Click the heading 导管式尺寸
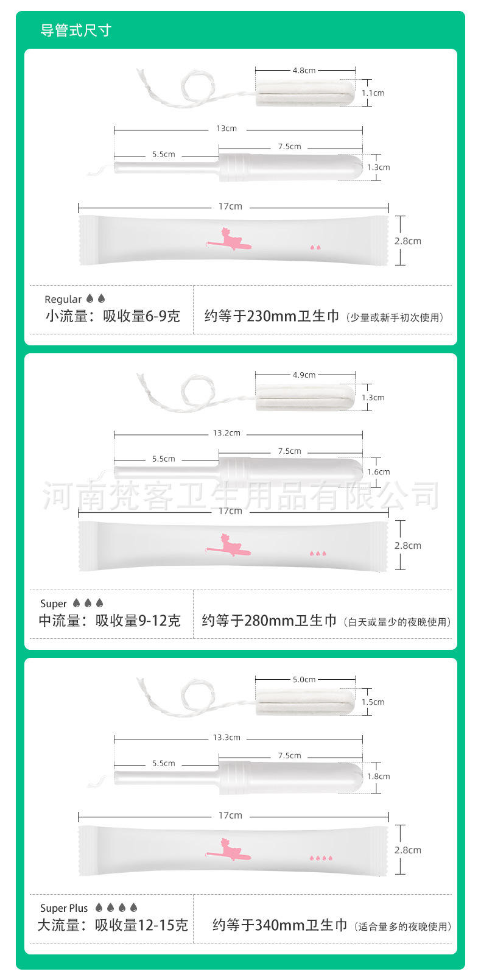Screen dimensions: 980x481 click(75, 30)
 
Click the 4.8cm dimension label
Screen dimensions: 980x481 click(304, 71)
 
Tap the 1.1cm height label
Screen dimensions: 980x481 click(373, 93)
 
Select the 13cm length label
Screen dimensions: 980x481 click(226, 129)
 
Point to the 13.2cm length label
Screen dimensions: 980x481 click(226, 433)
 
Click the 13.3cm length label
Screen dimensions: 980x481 click(226, 738)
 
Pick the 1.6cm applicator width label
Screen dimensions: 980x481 click(378, 472)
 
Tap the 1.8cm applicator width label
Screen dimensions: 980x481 click(378, 777)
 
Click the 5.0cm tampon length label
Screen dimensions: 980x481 click(304, 680)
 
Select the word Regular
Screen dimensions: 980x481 click(63, 299)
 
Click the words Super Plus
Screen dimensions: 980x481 click(64, 908)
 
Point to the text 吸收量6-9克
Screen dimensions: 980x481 click(141, 316)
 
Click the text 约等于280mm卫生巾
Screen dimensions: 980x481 click(269, 621)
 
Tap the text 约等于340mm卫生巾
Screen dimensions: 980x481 click(279, 925)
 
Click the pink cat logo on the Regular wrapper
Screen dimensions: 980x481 click(228, 239)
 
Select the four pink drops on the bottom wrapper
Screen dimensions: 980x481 click(321, 858)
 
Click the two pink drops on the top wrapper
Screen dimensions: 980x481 click(315, 248)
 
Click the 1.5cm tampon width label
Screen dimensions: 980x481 click(373, 702)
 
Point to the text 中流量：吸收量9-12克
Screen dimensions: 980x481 click(110, 621)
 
